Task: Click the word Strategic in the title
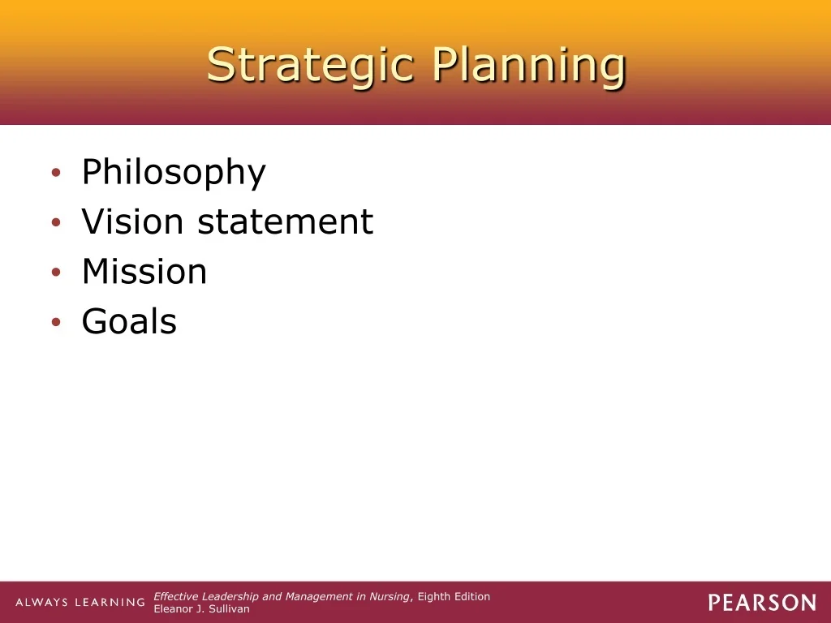coord(310,66)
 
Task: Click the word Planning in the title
coord(529,66)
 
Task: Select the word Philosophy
coord(174,173)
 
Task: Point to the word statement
coord(286,221)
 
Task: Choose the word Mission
coord(144,271)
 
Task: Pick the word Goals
coord(129,321)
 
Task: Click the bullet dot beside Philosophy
coord(56,172)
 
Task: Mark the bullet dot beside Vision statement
coord(56,222)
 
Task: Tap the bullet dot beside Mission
coord(56,272)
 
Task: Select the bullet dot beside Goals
coord(56,321)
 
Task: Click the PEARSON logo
coord(762,603)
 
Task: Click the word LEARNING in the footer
coord(110,603)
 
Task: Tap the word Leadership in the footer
coord(230,597)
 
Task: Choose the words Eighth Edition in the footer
coord(454,597)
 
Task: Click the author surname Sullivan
coord(228,609)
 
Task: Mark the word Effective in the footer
coord(176,596)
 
